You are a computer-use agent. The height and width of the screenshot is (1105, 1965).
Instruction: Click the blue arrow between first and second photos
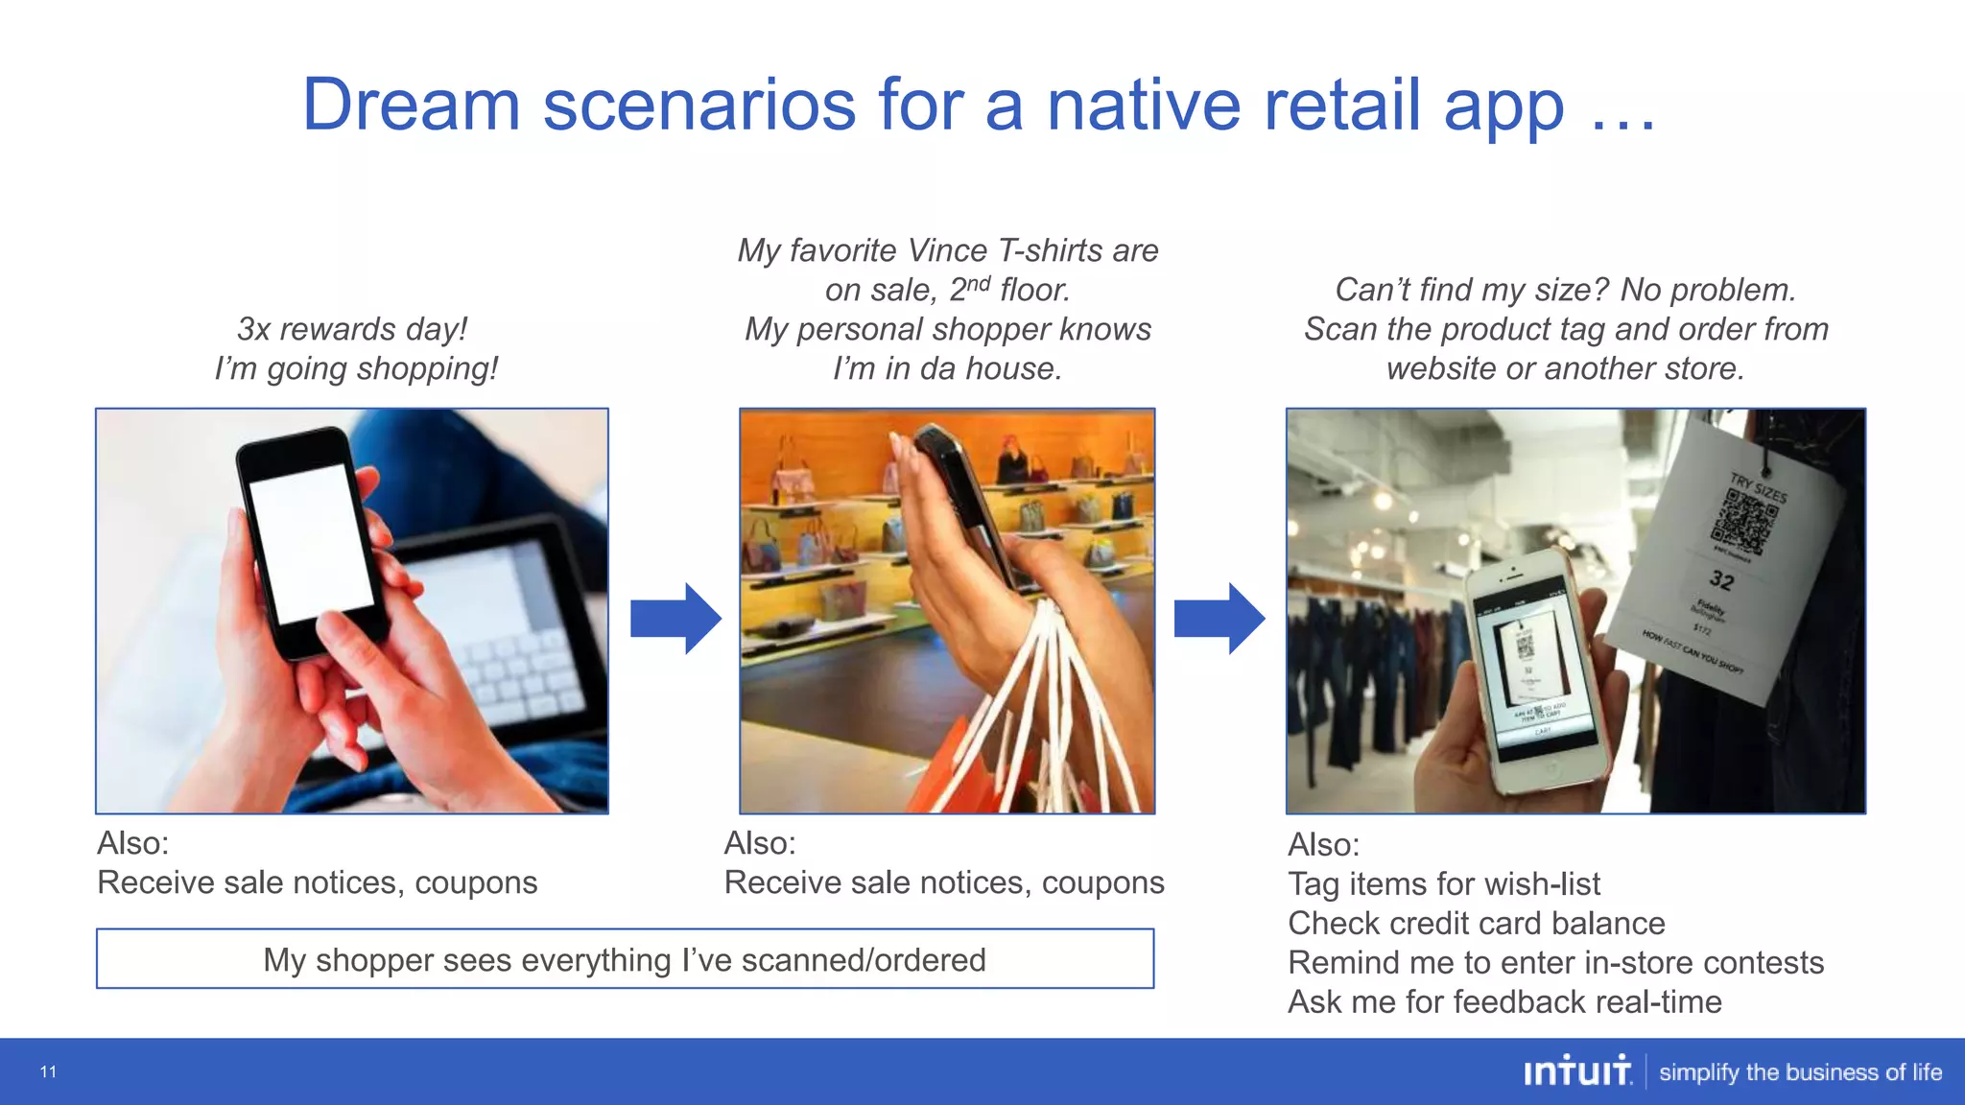pyautogui.click(x=675, y=619)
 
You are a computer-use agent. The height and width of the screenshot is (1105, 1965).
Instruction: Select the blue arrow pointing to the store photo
pyautogui.click(x=1219, y=619)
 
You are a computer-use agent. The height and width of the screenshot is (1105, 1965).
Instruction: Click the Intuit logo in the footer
pyautogui.click(x=1576, y=1071)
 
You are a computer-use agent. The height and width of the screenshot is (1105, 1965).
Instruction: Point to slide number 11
pyautogui.click(x=48, y=1071)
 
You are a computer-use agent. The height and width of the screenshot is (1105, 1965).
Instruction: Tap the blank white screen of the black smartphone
pyautogui.click(x=309, y=542)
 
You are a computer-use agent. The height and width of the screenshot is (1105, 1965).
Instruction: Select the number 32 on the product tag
pyautogui.click(x=1721, y=579)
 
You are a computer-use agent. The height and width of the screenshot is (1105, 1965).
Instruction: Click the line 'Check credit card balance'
pyautogui.click(x=1476, y=923)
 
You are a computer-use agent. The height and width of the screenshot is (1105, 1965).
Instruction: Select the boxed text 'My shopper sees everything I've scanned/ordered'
pyautogui.click(x=625, y=959)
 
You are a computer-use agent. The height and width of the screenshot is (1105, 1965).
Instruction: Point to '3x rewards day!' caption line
pyautogui.click(x=352, y=329)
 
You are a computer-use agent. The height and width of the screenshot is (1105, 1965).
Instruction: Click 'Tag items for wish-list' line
pyautogui.click(x=1443, y=883)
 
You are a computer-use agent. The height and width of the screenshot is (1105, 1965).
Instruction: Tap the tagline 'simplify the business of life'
pyautogui.click(x=1800, y=1072)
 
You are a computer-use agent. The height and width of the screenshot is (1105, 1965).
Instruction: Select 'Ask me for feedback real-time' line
pyautogui.click(x=1503, y=1001)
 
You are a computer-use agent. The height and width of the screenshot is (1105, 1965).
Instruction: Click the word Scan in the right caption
pyautogui.click(x=1340, y=329)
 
